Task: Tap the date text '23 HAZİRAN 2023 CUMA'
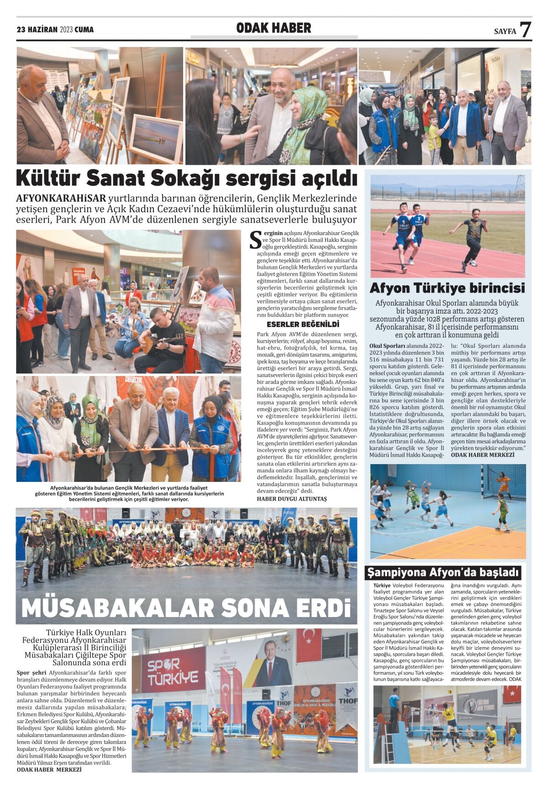point(55,30)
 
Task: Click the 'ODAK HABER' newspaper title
point(273,28)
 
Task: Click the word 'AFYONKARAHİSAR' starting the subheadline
point(61,199)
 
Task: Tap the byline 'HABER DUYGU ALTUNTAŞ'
point(292,499)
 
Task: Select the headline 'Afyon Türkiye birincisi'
point(447,288)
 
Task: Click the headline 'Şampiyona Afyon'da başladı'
point(443,572)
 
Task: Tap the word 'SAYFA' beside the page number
point(505,31)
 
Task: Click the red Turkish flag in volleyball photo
point(512,694)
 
